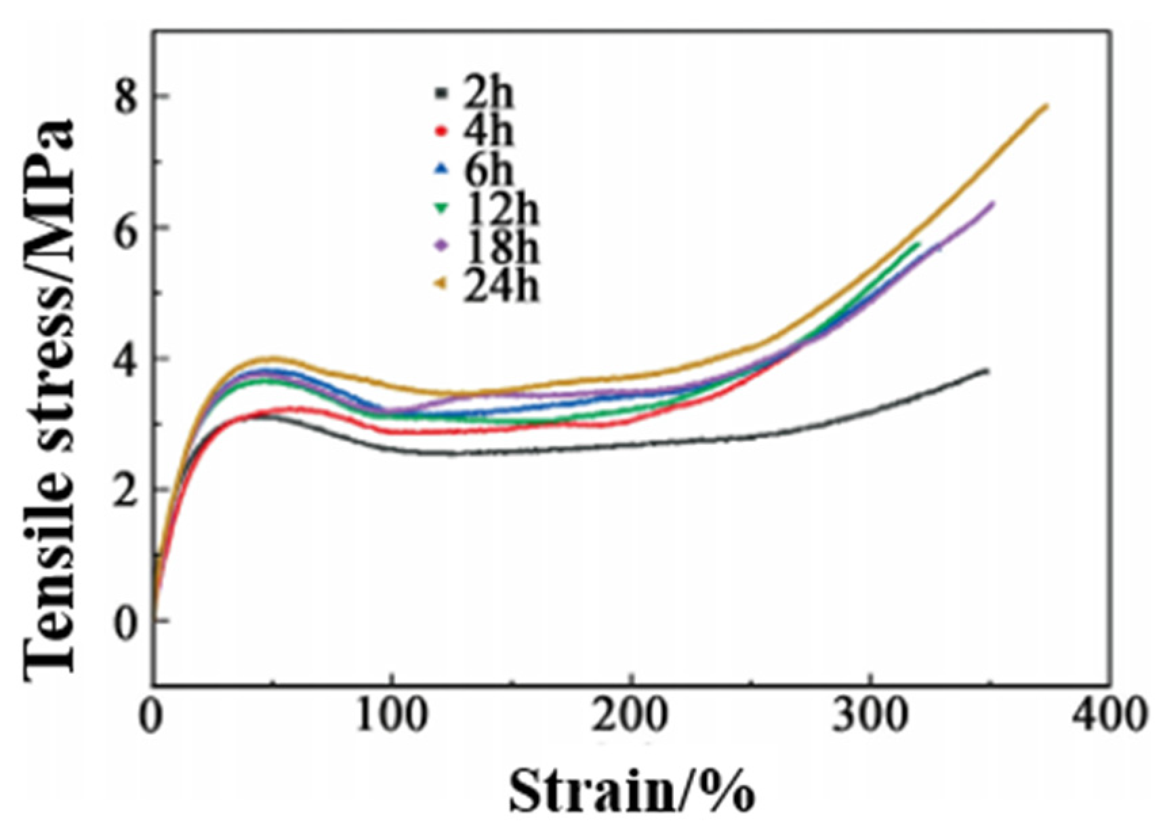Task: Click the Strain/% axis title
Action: (x=631, y=790)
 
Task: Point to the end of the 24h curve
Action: (x=1047, y=106)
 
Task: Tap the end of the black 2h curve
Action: (x=987, y=371)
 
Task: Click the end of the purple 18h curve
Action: (x=993, y=203)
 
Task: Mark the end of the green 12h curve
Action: (x=918, y=243)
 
